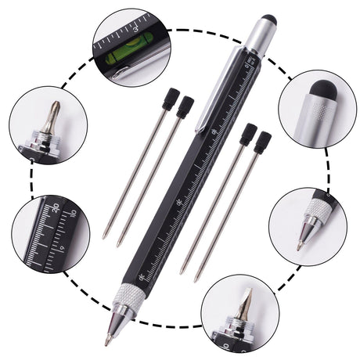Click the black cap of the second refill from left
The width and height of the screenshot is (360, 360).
tap(185, 107)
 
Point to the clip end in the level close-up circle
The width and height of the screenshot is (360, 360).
tap(117, 74)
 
